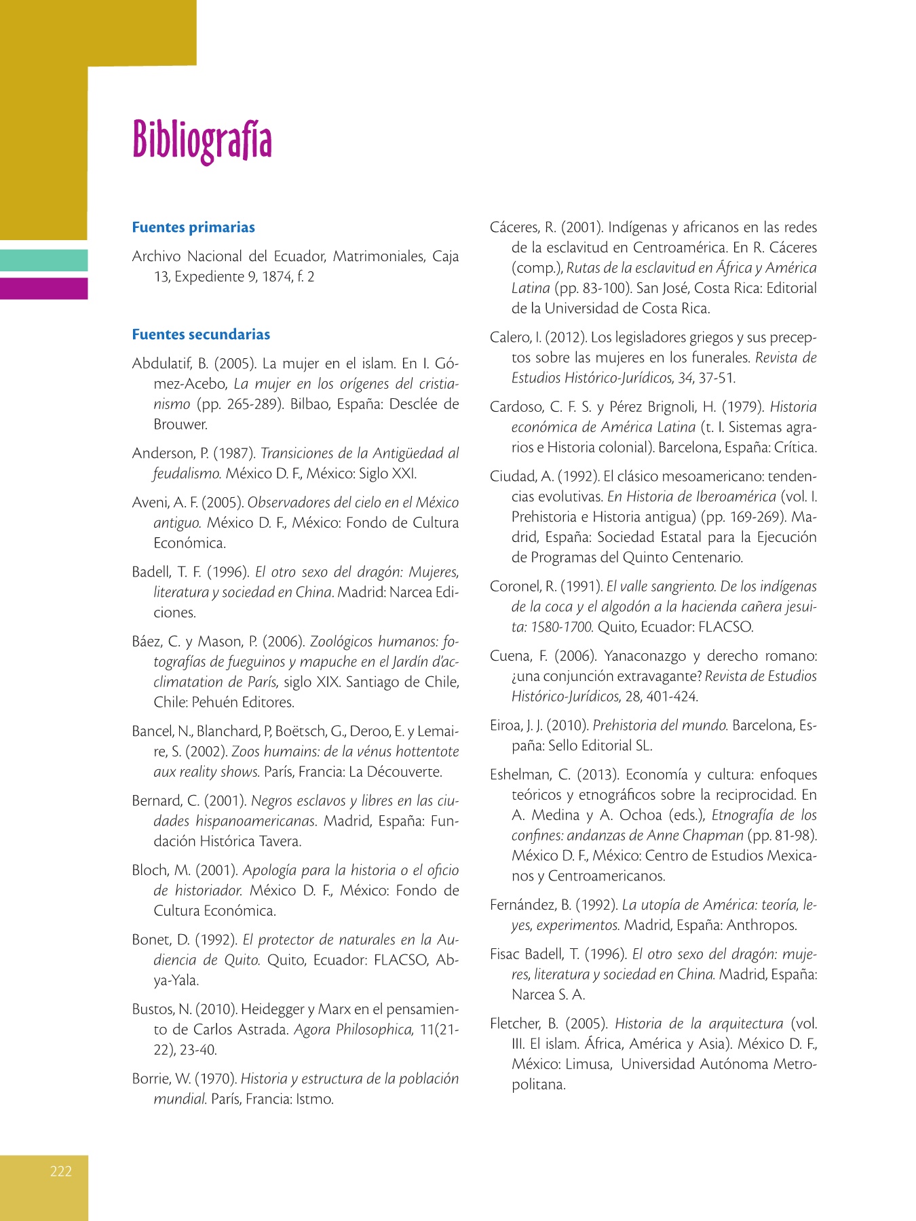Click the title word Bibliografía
coord(202,140)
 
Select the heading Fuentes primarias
coord(193,227)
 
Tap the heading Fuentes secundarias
coord(201,334)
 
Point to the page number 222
coord(60,1171)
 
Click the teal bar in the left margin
coord(43,260)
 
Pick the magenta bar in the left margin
coord(43,288)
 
